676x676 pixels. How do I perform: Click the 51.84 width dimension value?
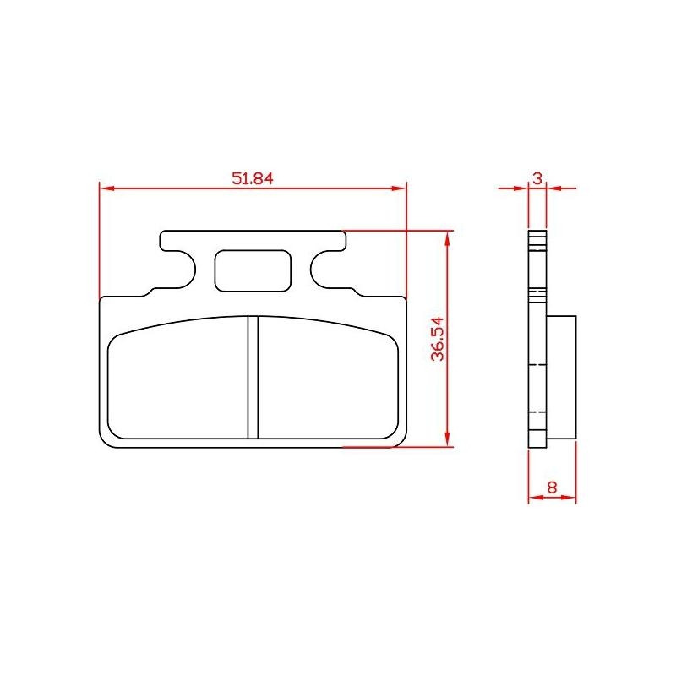click(253, 178)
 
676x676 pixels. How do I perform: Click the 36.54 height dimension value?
click(438, 339)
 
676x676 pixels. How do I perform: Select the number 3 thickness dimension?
click(537, 178)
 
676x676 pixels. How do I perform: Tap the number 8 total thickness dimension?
click(552, 488)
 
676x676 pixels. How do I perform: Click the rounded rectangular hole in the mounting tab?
click(253, 270)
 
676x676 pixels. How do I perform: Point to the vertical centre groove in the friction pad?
click(253, 377)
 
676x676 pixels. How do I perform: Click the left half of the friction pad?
click(177, 379)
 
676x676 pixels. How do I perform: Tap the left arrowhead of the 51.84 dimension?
click(106, 188)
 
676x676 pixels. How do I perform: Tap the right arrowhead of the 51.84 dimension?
click(399, 188)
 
